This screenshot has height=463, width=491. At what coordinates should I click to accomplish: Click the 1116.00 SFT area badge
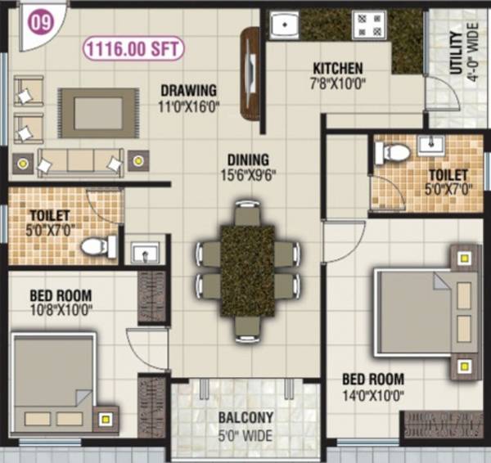[133, 48]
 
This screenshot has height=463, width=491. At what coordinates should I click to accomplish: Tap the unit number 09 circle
[39, 22]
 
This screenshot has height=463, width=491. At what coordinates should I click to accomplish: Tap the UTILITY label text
[456, 54]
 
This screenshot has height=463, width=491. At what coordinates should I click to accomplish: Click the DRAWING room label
[188, 90]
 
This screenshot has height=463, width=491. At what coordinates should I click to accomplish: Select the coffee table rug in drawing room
[99, 113]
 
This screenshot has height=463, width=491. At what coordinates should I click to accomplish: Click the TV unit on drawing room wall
[250, 73]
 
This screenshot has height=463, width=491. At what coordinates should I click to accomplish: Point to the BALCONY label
[245, 417]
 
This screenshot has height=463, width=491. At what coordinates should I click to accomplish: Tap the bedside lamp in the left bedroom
[106, 420]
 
